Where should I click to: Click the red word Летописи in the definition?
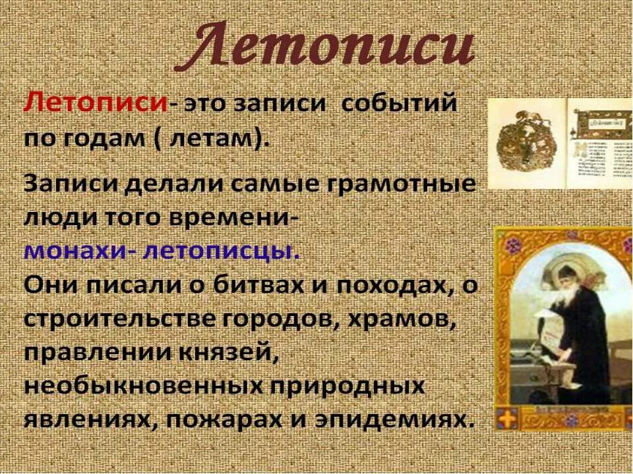click(95, 105)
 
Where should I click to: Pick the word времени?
click(238, 217)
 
